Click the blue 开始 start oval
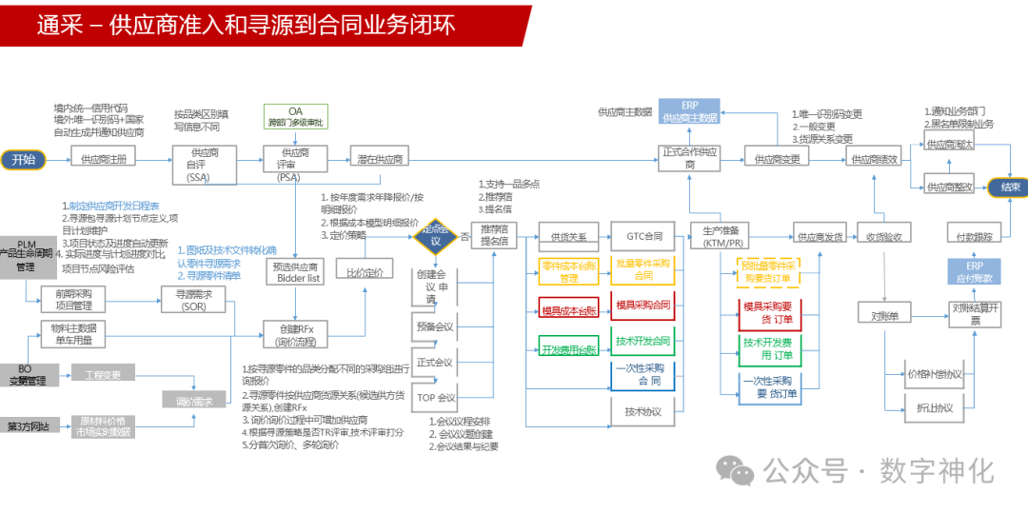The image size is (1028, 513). (23, 159)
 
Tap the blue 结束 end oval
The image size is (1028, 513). (1009, 187)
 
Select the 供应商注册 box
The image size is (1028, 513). (104, 159)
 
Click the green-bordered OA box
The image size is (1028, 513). (295, 117)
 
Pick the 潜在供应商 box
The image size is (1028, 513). (378, 159)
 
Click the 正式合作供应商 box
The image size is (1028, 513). (690, 158)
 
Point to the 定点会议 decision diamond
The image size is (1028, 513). (434, 236)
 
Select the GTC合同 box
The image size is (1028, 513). (643, 235)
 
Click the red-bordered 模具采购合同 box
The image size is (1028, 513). (643, 306)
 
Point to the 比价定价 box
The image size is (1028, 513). (365, 272)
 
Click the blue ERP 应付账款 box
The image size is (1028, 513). (975, 271)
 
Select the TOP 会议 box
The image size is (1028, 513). (435, 397)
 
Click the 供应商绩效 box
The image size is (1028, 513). (874, 159)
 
